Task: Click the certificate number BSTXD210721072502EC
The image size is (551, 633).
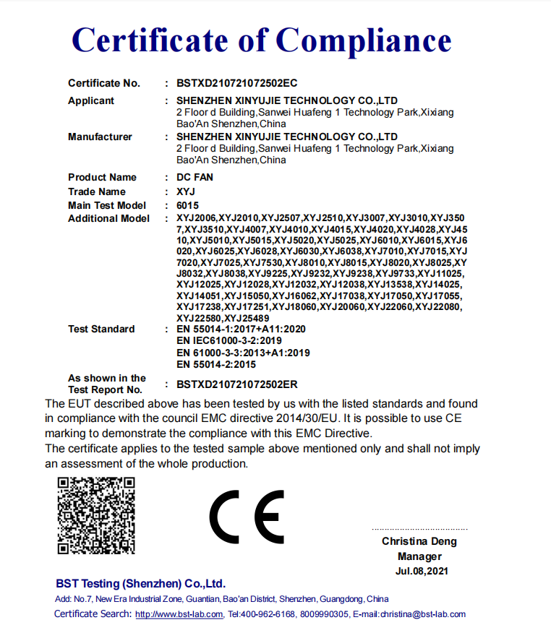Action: click(237, 83)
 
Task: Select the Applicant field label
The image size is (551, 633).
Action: click(91, 100)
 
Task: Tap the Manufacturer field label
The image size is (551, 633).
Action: click(100, 137)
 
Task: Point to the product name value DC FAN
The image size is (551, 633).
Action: click(195, 177)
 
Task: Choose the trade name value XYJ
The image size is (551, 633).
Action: click(186, 191)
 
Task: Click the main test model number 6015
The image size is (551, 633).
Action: click(187, 205)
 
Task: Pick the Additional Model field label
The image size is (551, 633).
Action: click(108, 218)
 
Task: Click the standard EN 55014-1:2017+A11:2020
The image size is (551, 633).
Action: click(241, 329)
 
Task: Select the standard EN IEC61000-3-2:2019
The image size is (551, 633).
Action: click(229, 340)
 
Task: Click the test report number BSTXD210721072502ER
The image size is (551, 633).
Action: click(237, 384)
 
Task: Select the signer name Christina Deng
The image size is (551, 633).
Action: click(419, 541)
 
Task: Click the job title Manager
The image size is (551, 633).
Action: click(419, 556)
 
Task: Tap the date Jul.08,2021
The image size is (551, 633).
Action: click(419, 571)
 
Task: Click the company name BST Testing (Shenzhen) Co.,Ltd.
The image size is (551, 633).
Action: click(140, 583)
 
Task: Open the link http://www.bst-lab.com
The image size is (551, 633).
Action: click(179, 614)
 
